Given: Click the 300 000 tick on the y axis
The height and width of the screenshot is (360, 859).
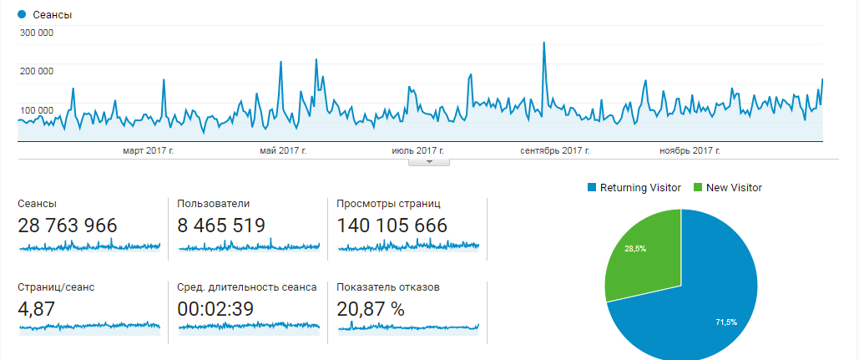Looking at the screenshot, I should (x=36, y=33).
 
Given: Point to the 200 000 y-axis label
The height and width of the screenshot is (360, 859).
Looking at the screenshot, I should (x=36, y=71).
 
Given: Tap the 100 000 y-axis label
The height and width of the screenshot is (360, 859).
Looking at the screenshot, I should (x=36, y=109).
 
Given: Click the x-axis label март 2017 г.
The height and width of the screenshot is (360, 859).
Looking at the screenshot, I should (x=148, y=150).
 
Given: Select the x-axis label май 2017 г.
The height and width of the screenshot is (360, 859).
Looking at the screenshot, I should (x=284, y=150).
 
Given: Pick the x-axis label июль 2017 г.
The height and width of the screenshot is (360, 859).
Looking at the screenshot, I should (x=417, y=150).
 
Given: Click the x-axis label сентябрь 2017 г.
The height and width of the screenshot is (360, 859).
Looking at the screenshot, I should (x=555, y=150).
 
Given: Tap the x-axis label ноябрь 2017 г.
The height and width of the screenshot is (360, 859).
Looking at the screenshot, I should (x=690, y=150).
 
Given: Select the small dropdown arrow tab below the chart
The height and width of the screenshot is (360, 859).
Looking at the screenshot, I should (x=429, y=162).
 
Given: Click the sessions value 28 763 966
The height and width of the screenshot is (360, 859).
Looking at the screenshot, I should (x=68, y=226).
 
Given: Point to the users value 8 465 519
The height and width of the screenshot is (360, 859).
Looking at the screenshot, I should (x=221, y=226).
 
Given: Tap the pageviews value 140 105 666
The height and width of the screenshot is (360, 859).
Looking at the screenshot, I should (x=392, y=226).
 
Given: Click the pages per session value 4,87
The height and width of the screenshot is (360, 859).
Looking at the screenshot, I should (x=36, y=308).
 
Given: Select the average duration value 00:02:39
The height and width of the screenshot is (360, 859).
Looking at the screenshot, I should (x=216, y=308).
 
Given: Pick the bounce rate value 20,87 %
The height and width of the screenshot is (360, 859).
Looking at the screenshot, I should (x=371, y=308).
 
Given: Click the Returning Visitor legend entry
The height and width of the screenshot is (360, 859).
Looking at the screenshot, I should (x=634, y=188).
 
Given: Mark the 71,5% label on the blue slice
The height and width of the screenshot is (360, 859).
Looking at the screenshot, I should (x=726, y=322).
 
